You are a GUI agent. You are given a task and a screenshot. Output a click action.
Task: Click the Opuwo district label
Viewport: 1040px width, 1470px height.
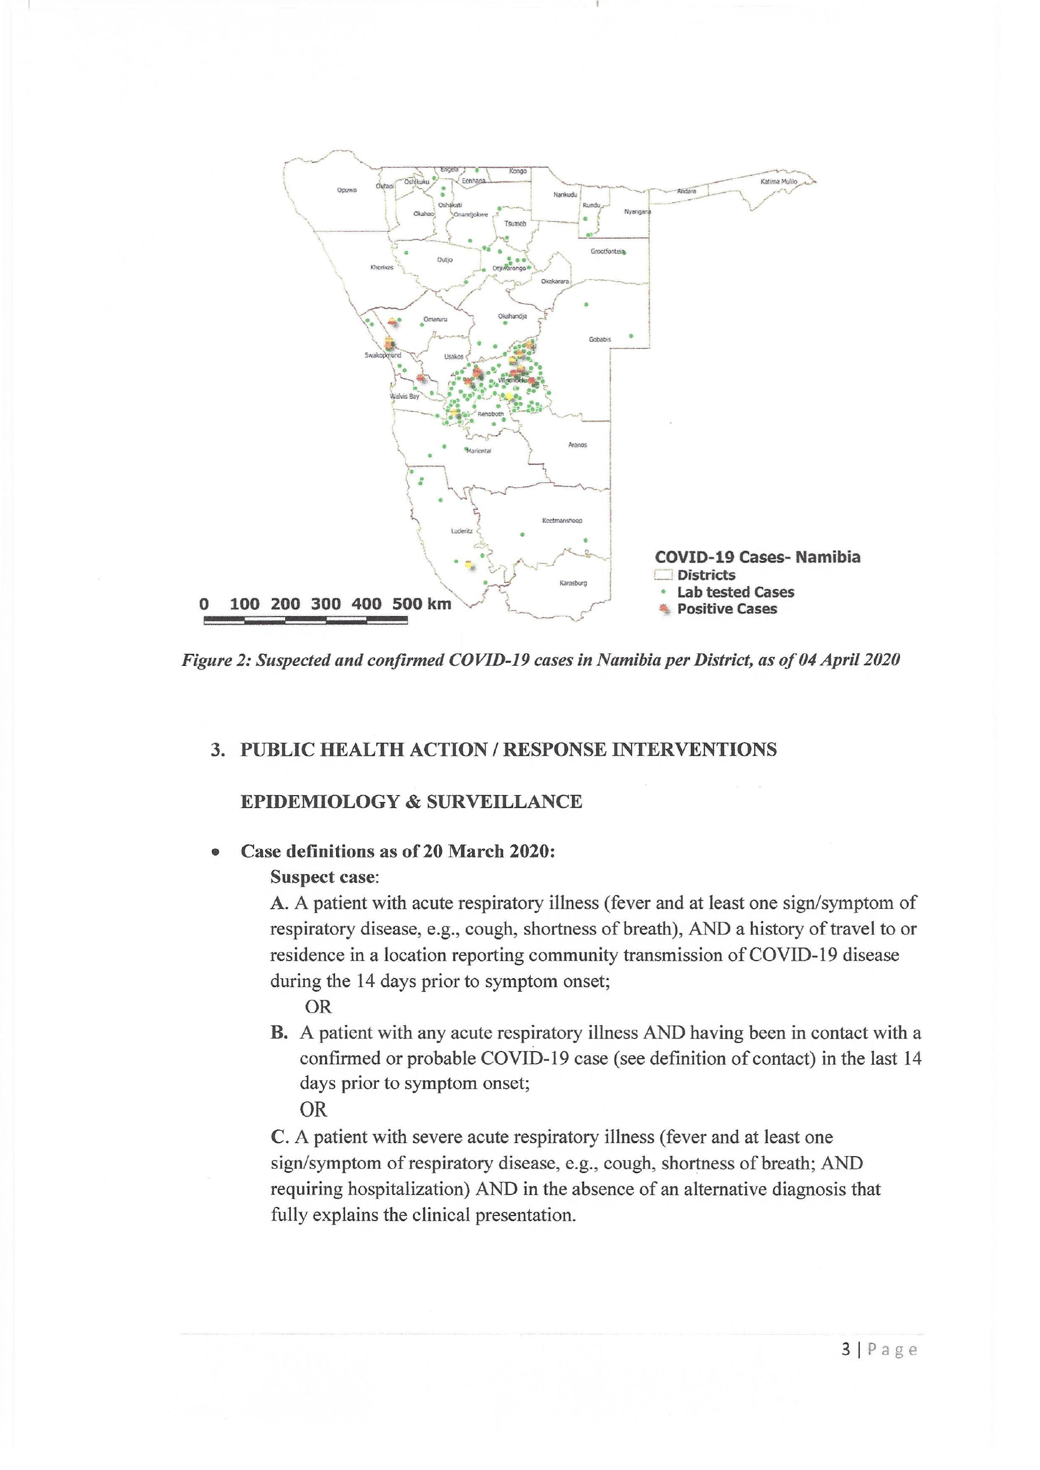click(347, 190)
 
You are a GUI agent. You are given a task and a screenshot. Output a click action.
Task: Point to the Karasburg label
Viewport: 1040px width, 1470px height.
click(573, 583)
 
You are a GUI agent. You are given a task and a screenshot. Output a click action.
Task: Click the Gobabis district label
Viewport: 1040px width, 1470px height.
click(600, 339)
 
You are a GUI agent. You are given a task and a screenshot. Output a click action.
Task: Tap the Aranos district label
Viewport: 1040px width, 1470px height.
click(577, 445)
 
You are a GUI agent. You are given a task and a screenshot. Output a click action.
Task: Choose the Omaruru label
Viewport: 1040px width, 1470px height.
click(435, 319)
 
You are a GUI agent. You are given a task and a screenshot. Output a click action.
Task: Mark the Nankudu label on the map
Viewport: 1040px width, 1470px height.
click(565, 194)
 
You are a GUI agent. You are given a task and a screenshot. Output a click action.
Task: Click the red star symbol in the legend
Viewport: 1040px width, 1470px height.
click(664, 609)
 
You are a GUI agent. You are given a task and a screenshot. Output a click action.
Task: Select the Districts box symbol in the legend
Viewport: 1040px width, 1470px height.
click(663, 575)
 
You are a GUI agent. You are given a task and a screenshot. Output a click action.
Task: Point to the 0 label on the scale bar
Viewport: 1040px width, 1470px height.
click(204, 604)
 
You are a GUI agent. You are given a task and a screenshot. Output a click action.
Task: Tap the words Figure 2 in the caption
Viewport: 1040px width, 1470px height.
click(214, 660)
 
